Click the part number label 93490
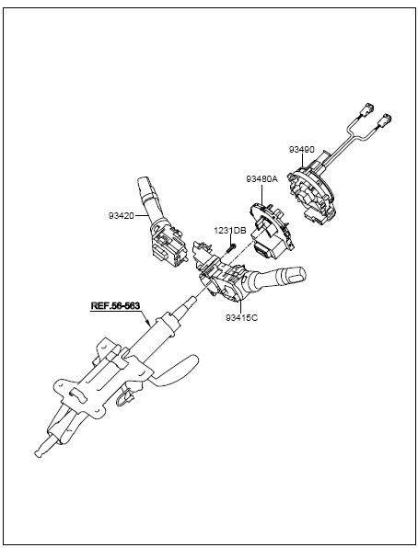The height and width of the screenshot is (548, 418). tap(302, 149)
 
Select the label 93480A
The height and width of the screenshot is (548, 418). tap(261, 179)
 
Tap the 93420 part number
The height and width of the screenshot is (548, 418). tap(122, 216)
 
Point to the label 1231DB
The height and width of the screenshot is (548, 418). tap(230, 231)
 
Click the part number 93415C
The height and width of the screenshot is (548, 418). tap(241, 318)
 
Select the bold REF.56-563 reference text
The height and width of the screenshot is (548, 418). tap(115, 305)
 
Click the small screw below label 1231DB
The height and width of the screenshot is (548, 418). tap(230, 248)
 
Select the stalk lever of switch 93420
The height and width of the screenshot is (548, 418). tap(145, 200)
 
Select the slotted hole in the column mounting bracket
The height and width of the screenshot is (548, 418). tap(80, 395)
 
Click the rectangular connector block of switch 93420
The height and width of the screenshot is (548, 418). tap(166, 249)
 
